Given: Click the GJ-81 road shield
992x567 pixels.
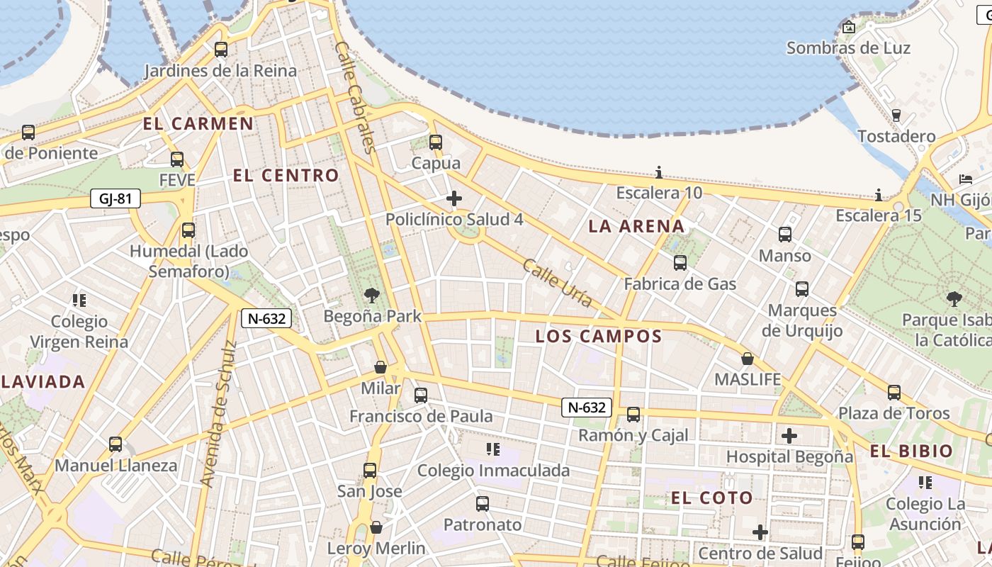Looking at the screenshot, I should pos(115,198).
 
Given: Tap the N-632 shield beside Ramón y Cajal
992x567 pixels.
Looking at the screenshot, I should pos(587,407).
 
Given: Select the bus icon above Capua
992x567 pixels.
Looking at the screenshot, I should pos(436,142).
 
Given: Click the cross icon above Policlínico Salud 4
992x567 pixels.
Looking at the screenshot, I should pos(454,198).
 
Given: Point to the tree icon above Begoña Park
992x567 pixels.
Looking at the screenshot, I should pos(371,295).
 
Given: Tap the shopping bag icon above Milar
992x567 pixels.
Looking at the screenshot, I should pos(381,367).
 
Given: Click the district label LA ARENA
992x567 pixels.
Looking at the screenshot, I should pos(637,227).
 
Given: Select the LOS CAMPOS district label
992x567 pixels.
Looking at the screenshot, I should pos(599,337).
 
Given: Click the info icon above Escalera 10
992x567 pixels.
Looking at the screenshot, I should pos(659,172).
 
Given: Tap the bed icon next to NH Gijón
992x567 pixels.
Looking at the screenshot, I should pos(966,179).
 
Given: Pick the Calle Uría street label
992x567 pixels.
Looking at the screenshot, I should pos(558,283).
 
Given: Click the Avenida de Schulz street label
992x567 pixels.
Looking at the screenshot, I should pos(218,414).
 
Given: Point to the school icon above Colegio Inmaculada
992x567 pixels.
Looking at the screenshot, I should pos(493,449).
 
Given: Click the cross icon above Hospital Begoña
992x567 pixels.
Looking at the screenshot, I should pos(789,435).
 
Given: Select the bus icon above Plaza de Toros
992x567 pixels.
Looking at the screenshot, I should pos(894,392).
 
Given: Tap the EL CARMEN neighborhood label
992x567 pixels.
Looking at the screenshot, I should pos(198,123).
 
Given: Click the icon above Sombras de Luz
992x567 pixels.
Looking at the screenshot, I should pos(849,28).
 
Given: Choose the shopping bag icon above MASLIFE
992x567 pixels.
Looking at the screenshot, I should pos(747,359).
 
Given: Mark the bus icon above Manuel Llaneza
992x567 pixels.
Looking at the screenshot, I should pos(115,444).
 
